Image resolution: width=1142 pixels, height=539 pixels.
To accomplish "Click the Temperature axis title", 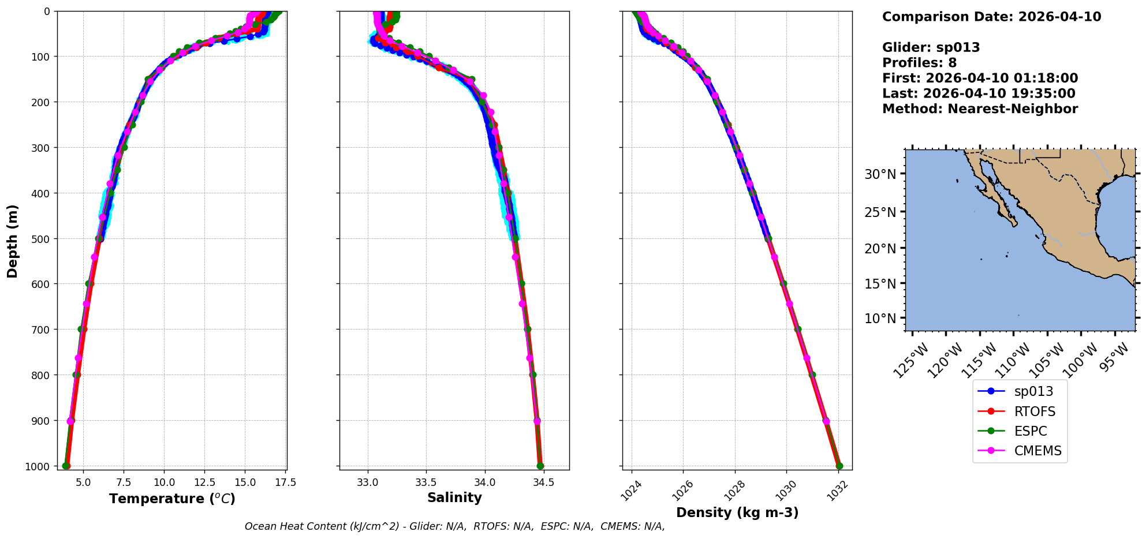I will coord(172,499).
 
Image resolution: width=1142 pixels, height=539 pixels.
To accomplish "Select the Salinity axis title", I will coord(454,497).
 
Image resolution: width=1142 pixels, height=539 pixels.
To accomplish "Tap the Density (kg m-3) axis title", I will coord(737,512).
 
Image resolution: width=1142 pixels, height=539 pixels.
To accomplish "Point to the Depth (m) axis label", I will coord(13,241).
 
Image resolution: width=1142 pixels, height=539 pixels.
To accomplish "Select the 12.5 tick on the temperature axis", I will coord(204,482).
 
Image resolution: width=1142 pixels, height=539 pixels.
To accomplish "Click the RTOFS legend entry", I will coord(1035,411).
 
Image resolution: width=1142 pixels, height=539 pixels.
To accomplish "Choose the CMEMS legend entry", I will coord(1037,451).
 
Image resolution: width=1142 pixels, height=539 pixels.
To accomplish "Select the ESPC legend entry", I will coord(1031,431).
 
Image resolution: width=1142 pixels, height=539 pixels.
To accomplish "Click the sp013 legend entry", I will coord(1033,391).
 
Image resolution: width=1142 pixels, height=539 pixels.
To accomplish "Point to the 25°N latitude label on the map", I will coord(880,212).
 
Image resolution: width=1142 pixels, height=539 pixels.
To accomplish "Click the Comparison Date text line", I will coord(991,17).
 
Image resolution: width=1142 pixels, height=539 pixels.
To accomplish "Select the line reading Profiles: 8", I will coord(919,63).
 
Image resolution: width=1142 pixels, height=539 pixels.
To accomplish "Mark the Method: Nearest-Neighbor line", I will coord(980,109).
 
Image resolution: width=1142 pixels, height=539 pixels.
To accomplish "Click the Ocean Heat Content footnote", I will coord(454,526).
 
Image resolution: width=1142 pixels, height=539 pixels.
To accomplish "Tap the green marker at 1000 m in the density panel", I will coord(839,466).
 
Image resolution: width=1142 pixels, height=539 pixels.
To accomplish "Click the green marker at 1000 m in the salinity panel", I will coord(540,466).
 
